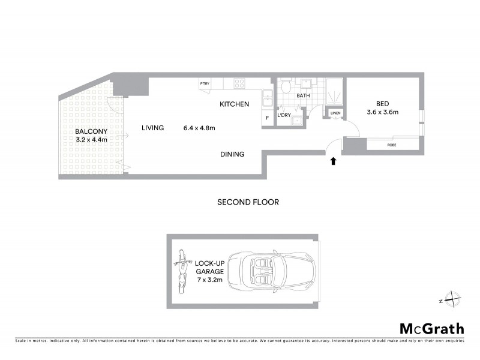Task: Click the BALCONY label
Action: click(x=91, y=131)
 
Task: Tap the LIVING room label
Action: click(x=152, y=127)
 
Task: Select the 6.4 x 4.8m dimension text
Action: click(x=199, y=127)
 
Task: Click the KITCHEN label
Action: click(x=234, y=104)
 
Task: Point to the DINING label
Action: click(x=232, y=154)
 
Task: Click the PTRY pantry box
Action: click(x=205, y=85)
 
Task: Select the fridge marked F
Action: click(x=268, y=118)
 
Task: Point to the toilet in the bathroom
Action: click(x=286, y=88)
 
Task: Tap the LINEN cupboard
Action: click(x=335, y=113)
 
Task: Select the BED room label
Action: click(x=383, y=103)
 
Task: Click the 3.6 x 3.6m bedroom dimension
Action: click(x=383, y=112)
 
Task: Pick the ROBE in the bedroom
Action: click(x=392, y=145)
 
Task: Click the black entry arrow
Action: click(x=334, y=160)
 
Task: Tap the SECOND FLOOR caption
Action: click(x=248, y=202)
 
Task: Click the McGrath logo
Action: click(x=431, y=328)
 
